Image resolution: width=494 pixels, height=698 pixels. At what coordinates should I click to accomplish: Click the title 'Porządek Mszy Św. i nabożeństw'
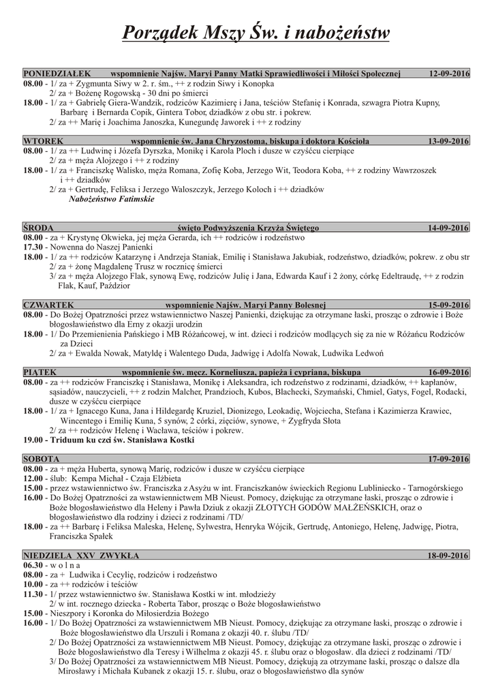click(256, 31)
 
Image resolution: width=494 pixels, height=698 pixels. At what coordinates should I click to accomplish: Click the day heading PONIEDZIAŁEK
click(52, 72)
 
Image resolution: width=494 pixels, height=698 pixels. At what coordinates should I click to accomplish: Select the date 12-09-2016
click(449, 72)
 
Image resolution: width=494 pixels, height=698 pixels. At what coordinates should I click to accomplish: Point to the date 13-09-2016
click(449, 140)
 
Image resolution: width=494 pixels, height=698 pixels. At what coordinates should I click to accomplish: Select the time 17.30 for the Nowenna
click(33, 247)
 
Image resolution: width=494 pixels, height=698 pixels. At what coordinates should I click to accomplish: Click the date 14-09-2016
click(449, 227)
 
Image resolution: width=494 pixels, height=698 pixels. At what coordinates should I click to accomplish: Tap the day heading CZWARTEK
click(48, 305)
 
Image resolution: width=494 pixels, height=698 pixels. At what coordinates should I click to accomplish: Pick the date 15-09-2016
click(449, 305)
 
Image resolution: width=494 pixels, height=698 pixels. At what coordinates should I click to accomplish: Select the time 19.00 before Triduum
click(33, 440)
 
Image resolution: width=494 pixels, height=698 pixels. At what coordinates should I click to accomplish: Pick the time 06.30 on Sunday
click(33, 565)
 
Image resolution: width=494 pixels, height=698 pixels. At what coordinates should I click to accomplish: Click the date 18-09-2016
click(449, 556)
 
